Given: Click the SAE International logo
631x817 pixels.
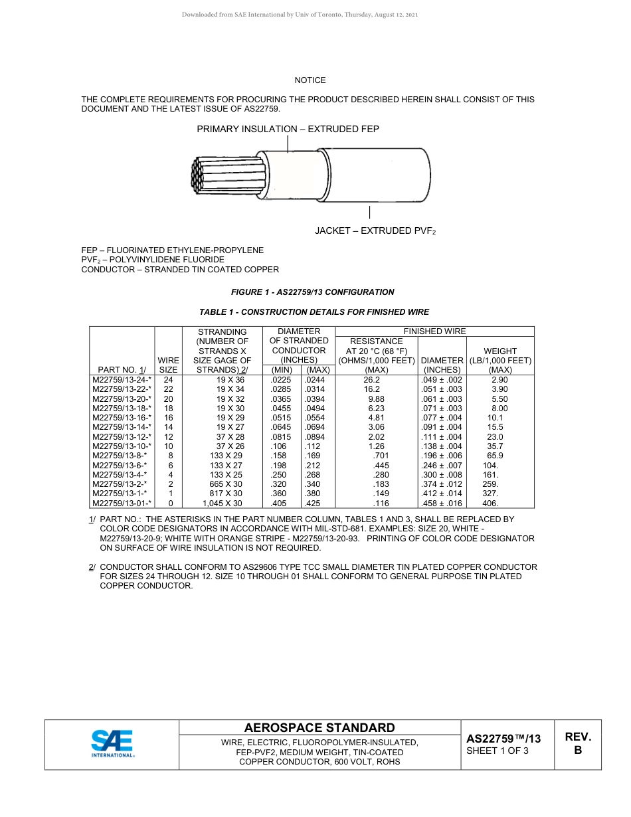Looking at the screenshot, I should (113, 744).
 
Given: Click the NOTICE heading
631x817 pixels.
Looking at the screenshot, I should (310, 80).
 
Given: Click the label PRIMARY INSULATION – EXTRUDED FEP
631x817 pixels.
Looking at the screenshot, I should (288, 129).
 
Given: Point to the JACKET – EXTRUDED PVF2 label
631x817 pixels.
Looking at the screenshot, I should (375, 230).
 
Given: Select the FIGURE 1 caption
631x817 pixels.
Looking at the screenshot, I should (312, 292).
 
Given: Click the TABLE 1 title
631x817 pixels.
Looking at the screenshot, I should (314, 312).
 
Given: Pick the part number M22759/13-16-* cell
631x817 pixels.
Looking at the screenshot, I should (122, 418).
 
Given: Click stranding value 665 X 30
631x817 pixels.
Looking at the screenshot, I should (226, 485).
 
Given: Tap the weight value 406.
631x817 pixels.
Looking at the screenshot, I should (490, 503).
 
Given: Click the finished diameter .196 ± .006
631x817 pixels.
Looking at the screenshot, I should (442, 456).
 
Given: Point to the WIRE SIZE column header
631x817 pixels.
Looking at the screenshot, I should (169, 365).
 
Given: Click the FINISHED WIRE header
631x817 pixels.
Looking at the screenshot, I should (434, 331).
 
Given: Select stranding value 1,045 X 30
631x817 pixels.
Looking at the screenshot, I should (223, 503).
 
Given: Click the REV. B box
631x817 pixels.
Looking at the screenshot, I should (577, 744).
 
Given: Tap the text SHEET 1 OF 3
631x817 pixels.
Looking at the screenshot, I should (497, 751).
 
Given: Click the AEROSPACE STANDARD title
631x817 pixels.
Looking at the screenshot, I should (319, 728).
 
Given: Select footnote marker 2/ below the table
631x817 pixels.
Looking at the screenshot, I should (92, 567).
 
